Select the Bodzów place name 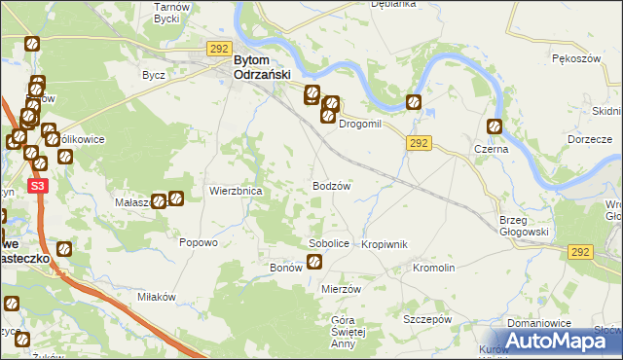tap(331, 185)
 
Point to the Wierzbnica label tap(236, 192)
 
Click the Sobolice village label tap(328, 243)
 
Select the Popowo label tap(198, 243)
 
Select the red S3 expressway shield tap(38, 185)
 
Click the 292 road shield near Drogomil tap(419, 143)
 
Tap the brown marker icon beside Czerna tap(495, 126)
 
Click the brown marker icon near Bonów tap(314, 261)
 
